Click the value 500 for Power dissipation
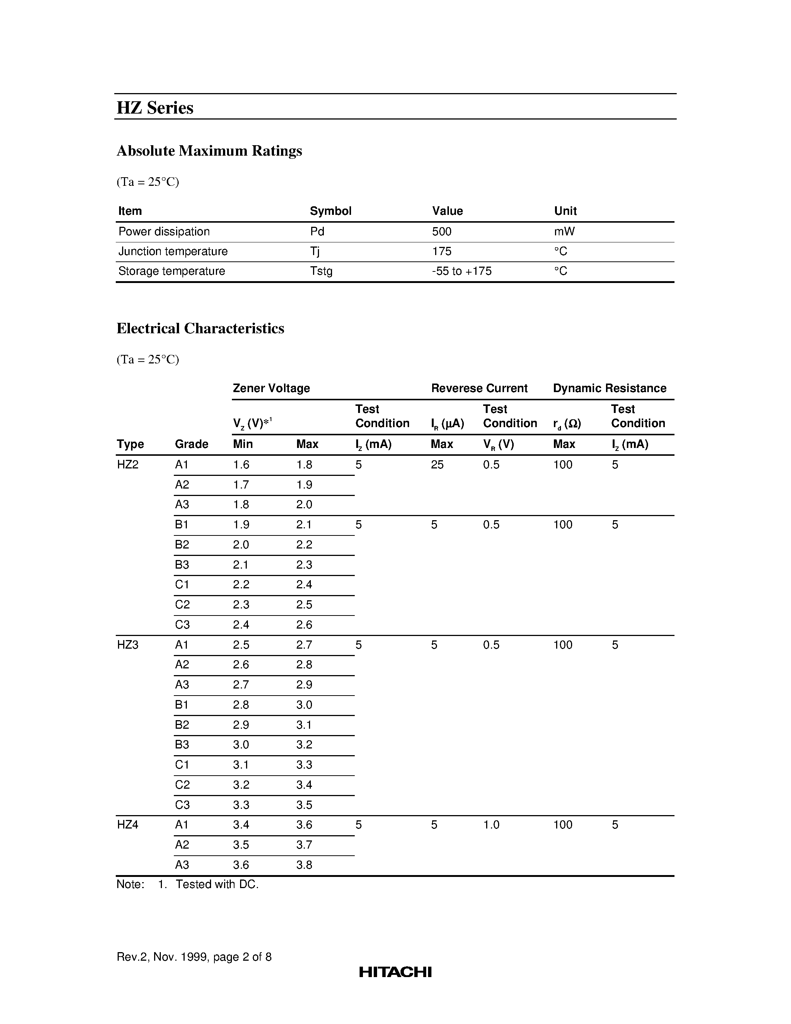click(x=441, y=232)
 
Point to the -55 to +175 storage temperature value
click(x=462, y=271)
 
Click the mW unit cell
click(x=564, y=232)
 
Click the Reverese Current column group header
click(x=479, y=388)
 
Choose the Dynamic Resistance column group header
click(x=609, y=388)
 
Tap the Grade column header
click(x=191, y=444)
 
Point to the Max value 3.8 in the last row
click(x=304, y=865)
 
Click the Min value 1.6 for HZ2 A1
click(x=241, y=465)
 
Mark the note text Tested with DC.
click(x=217, y=885)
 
